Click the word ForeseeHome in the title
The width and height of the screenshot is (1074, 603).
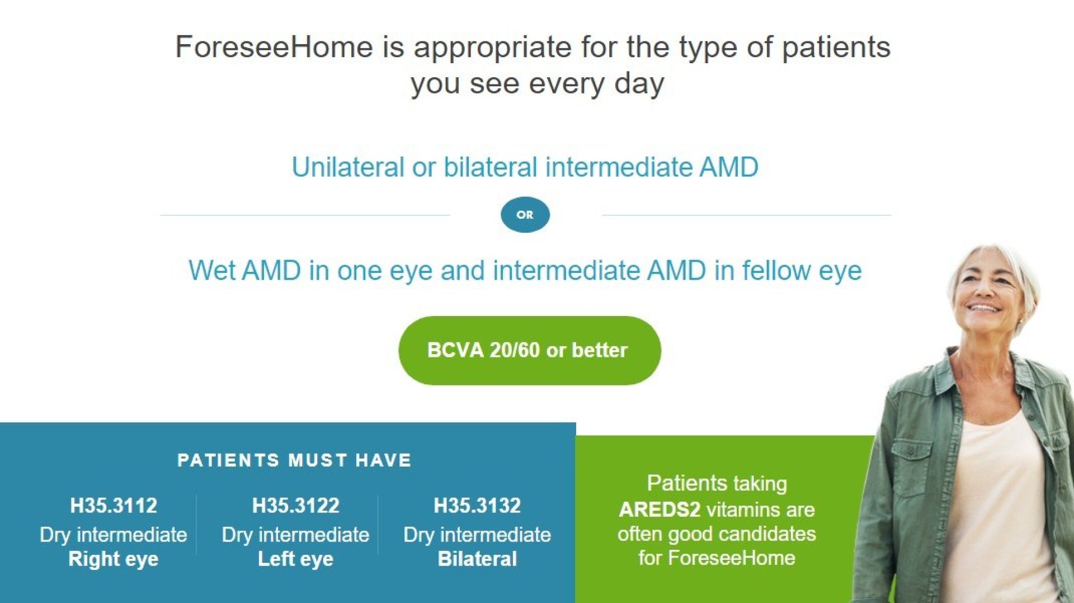tap(274, 46)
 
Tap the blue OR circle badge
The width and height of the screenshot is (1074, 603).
tap(525, 215)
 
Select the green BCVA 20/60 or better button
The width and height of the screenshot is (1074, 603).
tap(530, 350)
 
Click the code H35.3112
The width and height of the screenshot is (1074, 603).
tap(114, 506)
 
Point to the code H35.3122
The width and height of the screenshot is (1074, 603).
tap(295, 506)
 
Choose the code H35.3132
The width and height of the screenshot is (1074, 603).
tap(477, 506)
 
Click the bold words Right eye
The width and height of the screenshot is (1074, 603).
tap(114, 559)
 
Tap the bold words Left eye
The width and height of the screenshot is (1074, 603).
tap(295, 559)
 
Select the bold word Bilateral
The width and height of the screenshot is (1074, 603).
tap(477, 559)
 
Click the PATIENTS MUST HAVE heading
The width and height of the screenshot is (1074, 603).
tap(295, 460)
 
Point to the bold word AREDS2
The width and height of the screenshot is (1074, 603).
tap(660, 510)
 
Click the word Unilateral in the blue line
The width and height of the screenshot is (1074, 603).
tap(347, 167)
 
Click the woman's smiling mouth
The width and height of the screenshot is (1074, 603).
tap(984, 308)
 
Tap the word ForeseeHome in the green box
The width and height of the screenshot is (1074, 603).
tap(732, 558)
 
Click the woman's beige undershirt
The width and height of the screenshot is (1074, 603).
tap(1001, 503)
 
